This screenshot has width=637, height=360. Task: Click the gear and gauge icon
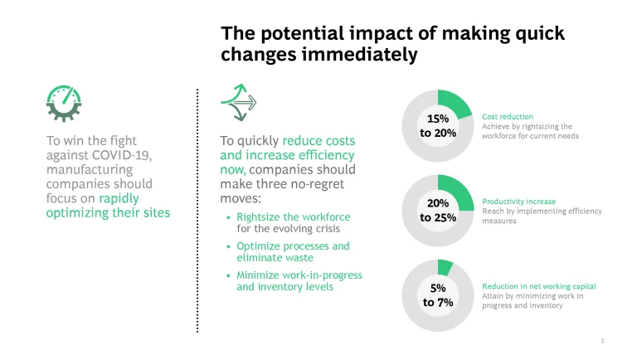[x=64, y=103]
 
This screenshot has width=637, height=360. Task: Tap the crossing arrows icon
[x=238, y=103]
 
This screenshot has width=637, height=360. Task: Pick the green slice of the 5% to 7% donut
[x=445, y=267]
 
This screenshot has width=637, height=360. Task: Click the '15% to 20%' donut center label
[x=437, y=125]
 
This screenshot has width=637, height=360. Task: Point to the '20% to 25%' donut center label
[x=437, y=211]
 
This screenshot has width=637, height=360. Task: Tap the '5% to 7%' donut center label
[x=437, y=295]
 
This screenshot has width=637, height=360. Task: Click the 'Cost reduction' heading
[x=508, y=117]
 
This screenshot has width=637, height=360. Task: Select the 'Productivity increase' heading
[x=518, y=202]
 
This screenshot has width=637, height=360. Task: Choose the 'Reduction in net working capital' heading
[x=539, y=286]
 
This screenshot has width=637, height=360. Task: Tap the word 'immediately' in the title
[x=368, y=55]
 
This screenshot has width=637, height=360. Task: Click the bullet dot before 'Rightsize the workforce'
[x=229, y=217]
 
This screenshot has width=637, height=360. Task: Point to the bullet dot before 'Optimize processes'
[x=229, y=246]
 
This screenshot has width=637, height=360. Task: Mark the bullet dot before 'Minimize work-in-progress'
[x=229, y=275]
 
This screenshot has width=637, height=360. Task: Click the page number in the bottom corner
[x=603, y=340]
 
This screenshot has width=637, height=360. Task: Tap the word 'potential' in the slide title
[x=291, y=34]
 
